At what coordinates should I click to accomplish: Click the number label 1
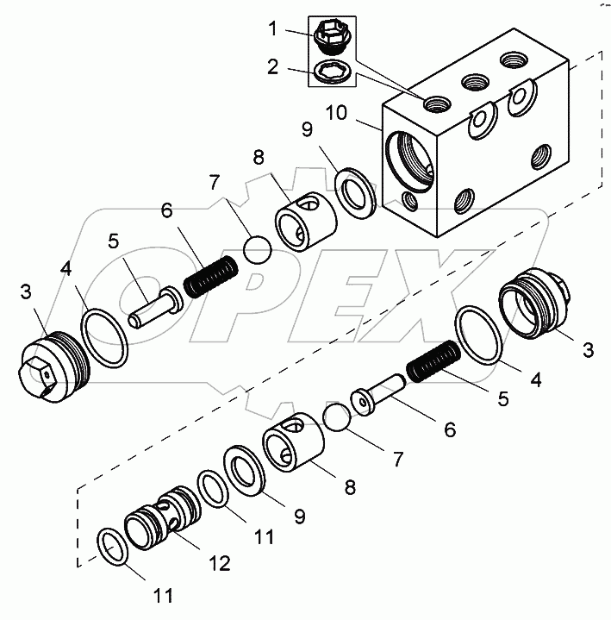coord(272,29)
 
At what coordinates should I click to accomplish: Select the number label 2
coord(272,66)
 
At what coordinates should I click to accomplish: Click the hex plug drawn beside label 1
coord(330,37)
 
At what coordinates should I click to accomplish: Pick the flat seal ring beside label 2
coord(330,71)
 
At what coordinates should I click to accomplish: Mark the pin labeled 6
coord(379,393)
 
